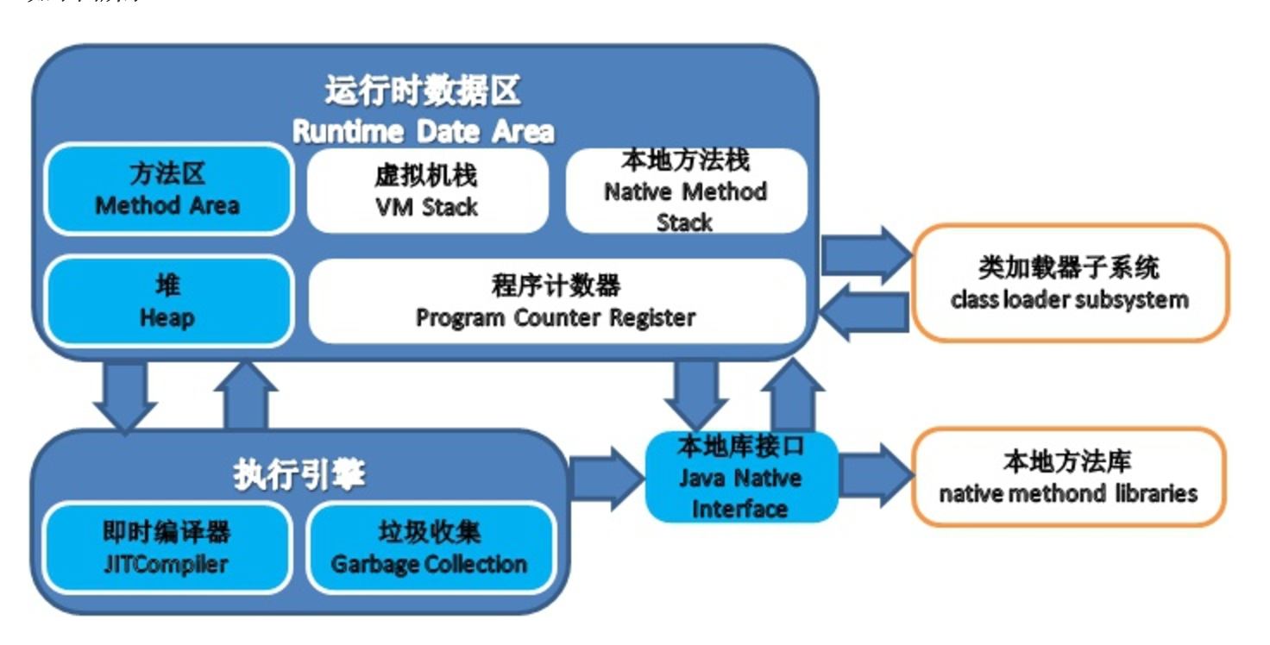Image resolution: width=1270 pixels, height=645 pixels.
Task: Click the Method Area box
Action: tap(168, 190)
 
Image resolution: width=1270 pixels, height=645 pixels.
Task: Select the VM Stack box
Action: tap(427, 191)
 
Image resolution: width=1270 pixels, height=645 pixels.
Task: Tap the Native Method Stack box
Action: tap(686, 191)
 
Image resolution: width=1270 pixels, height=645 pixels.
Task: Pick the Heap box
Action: tap(168, 302)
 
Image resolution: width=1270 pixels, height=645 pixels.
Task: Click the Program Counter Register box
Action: tap(556, 302)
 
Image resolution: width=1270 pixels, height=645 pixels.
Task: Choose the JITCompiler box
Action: tap(167, 548)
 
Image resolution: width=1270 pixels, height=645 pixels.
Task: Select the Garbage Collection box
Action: tap(430, 548)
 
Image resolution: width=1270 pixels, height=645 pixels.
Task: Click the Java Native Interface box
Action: tap(740, 477)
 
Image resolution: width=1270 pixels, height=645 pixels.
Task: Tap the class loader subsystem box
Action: tap(1070, 283)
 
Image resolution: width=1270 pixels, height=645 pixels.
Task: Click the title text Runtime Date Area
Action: tap(423, 132)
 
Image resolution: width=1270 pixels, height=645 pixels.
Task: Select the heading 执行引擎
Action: tap(299, 475)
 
